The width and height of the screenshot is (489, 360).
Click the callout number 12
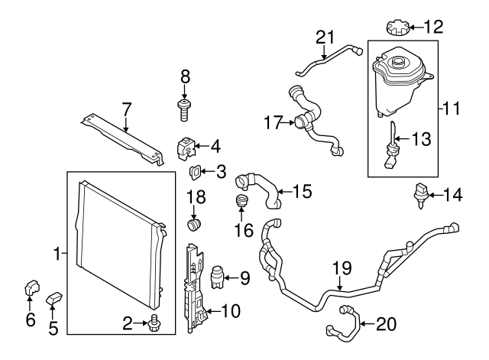click(x=432, y=28)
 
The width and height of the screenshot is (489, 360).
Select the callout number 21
click(x=326, y=37)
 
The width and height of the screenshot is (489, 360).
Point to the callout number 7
click(x=127, y=108)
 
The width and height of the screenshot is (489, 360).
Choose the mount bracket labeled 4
click(x=186, y=147)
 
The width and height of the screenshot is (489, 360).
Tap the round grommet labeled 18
click(x=195, y=225)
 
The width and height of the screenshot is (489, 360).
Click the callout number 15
click(x=303, y=191)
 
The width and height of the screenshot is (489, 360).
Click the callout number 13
click(x=421, y=139)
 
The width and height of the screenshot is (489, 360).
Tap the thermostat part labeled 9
click(x=219, y=275)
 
